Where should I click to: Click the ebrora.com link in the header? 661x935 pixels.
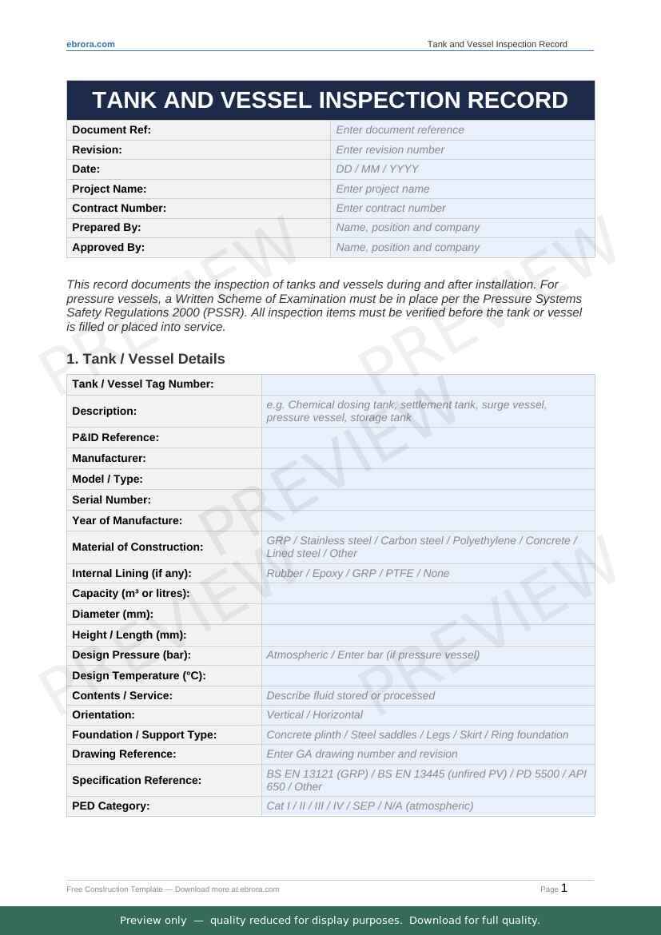[x=90, y=44]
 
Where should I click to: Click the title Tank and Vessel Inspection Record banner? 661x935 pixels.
[x=330, y=100]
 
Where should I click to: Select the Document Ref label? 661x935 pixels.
[x=111, y=129]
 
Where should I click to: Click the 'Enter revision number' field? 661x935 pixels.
[x=462, y=149]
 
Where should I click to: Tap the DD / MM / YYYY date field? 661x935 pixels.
[x=462, y=169]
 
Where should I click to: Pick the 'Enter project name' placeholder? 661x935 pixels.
[x=462, y=189]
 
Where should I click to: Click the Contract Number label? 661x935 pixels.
[x=119, y=208]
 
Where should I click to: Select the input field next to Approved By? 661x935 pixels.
[x=462, y=247]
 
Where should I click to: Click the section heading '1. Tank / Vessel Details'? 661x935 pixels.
[x=146, y=359]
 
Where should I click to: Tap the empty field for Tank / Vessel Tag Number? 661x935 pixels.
[x=428, y=384]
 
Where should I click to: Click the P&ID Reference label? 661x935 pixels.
[x=115, y=437]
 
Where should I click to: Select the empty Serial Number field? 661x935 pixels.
[x=428, y=499]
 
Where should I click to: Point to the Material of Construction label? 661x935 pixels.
[x=137, y=547]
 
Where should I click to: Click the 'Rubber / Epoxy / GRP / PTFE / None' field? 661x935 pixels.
[x=428, y=573]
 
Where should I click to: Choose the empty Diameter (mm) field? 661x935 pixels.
[x=428, y=614]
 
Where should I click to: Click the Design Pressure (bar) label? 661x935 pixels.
[x=131, y=654]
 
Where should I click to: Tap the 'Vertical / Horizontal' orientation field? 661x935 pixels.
[x=428, y=714]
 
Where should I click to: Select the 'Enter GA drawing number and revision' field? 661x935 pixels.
[x=428, y=754]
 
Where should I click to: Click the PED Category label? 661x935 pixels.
[x=110, y=806]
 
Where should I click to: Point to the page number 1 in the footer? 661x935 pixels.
[x=564, y=888]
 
